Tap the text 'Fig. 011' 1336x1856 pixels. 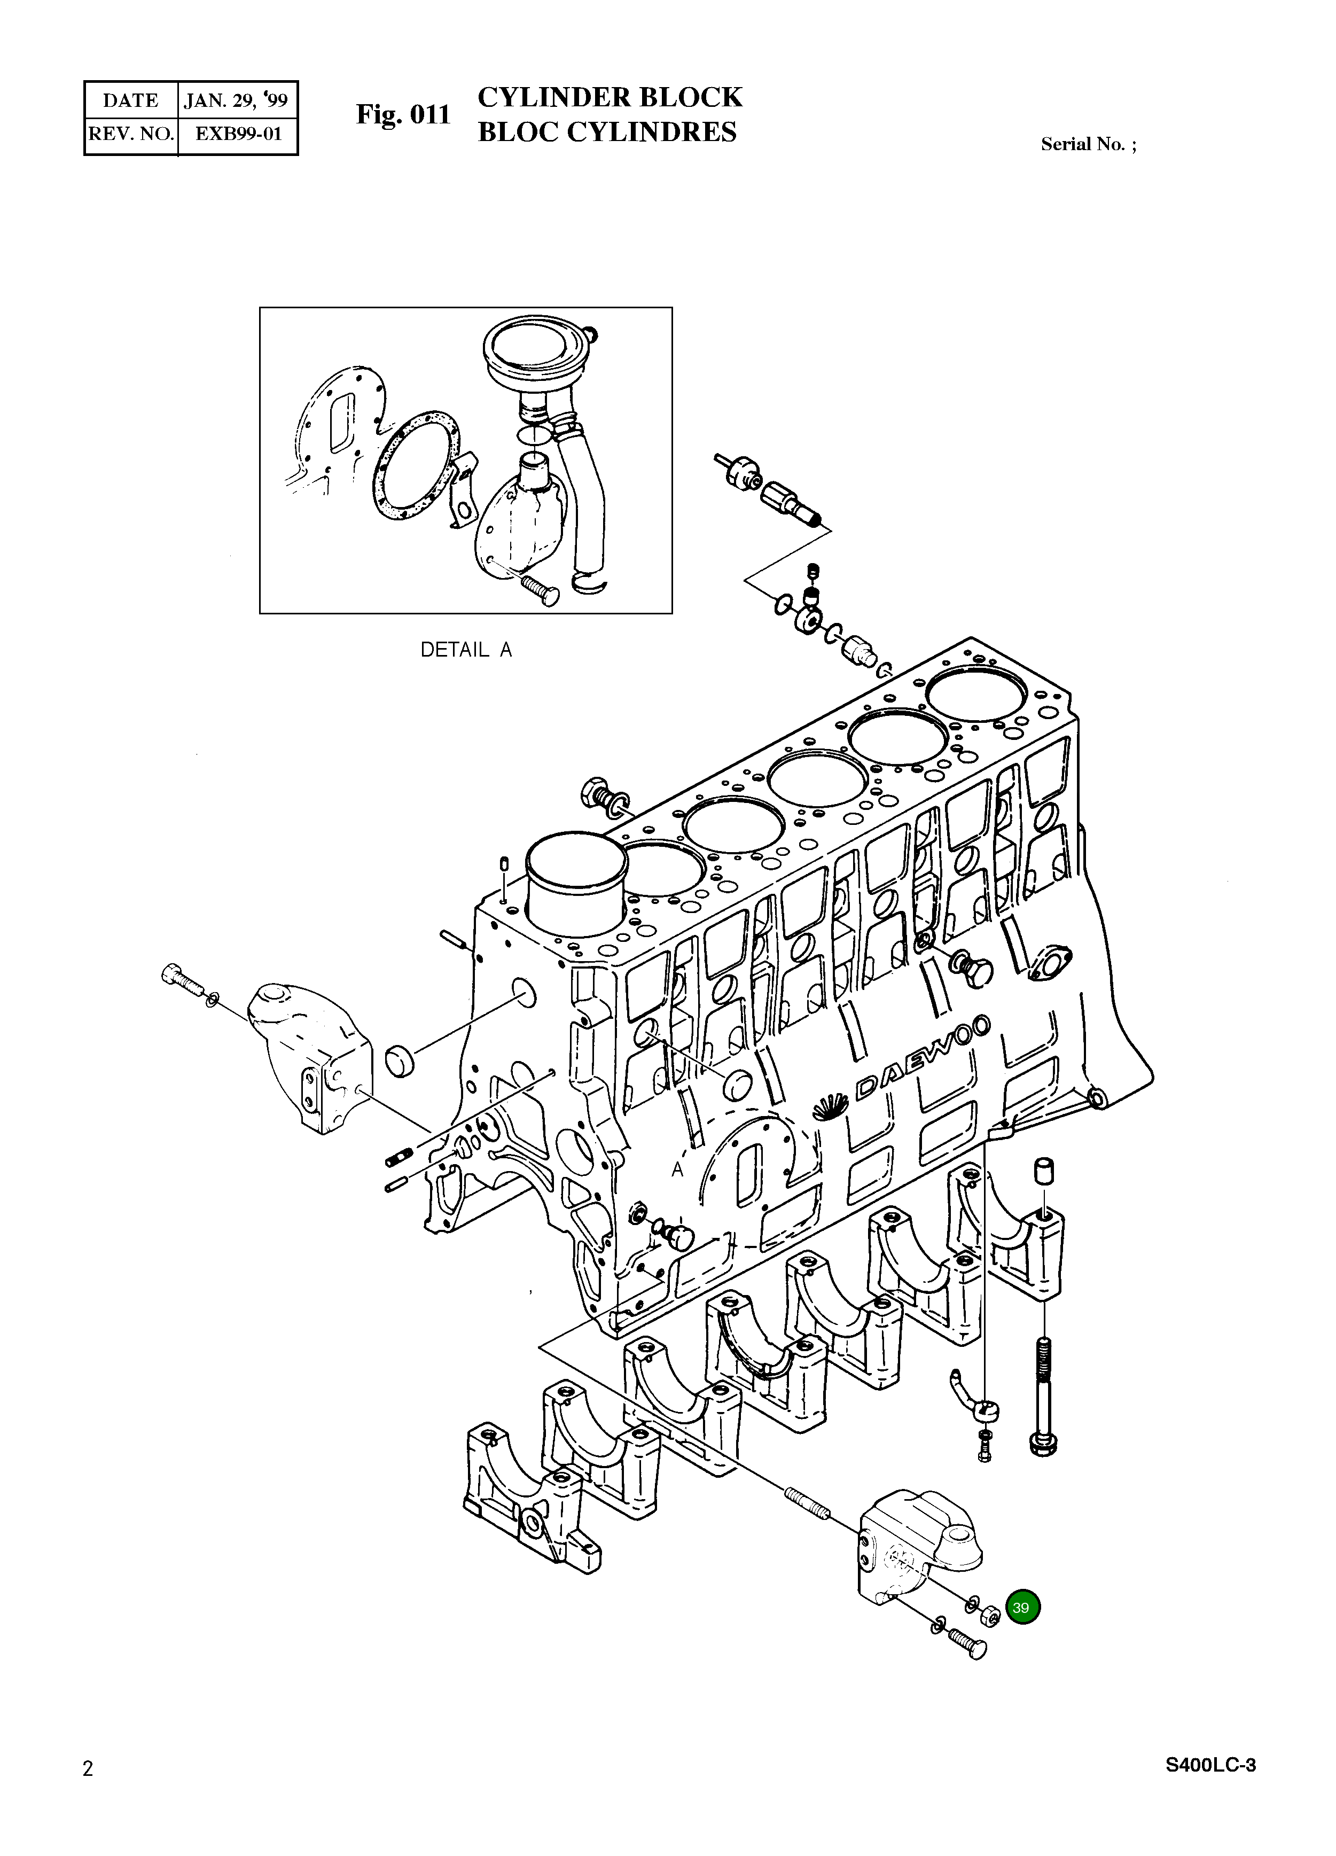coord(403,114)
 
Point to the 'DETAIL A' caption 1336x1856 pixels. coord(465,650)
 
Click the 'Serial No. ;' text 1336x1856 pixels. coord(1088,144)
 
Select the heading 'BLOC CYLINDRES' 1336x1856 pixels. coord(607,132)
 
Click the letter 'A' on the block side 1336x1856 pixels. coord(677,1170)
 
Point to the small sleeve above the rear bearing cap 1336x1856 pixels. coord(1044,1171)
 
